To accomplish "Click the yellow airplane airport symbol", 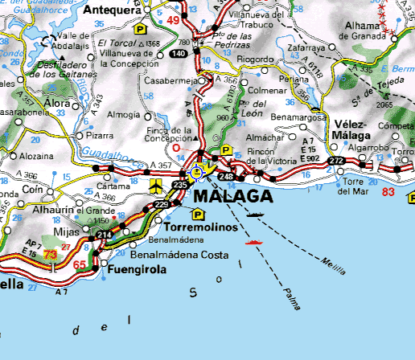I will tap(155, 186).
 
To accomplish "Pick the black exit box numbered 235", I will tap(181, 185).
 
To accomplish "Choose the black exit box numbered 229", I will tap(162, 205).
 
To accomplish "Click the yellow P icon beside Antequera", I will tap(141, 29).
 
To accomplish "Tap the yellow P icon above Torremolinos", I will tap(197, 214).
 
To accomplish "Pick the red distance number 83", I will tap(388, 193).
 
